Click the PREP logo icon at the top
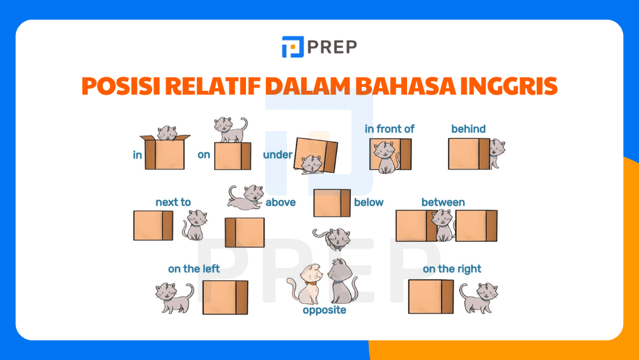point(293,47)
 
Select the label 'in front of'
point(389,129)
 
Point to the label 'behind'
point(468,129)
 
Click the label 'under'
point(277,155)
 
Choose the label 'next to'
point(173,202)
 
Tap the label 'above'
point(281,202)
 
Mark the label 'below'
point(369,202)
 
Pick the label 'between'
point(443,202)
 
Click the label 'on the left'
point(194,269)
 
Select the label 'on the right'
point(452,269)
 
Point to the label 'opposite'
point(325,310)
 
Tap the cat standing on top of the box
point(230,129)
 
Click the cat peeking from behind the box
point(496,153)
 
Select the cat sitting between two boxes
point(443,225)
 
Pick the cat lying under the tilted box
point(311,164)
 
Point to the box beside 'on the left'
point(225,297)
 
